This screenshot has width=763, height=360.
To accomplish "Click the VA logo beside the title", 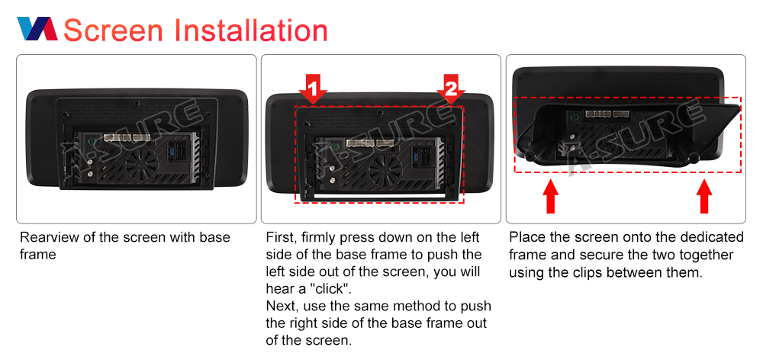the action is (37, 29).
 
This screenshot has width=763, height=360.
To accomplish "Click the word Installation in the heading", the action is (250, 30).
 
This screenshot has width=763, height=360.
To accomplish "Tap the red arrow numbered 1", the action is (313, 89).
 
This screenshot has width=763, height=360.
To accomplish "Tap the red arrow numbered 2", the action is (451, 89).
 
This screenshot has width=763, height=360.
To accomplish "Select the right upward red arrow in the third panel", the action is (704, 197).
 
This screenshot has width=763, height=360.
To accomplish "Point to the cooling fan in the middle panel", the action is (385, 170).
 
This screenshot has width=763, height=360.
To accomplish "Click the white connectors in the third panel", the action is (607, 114).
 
